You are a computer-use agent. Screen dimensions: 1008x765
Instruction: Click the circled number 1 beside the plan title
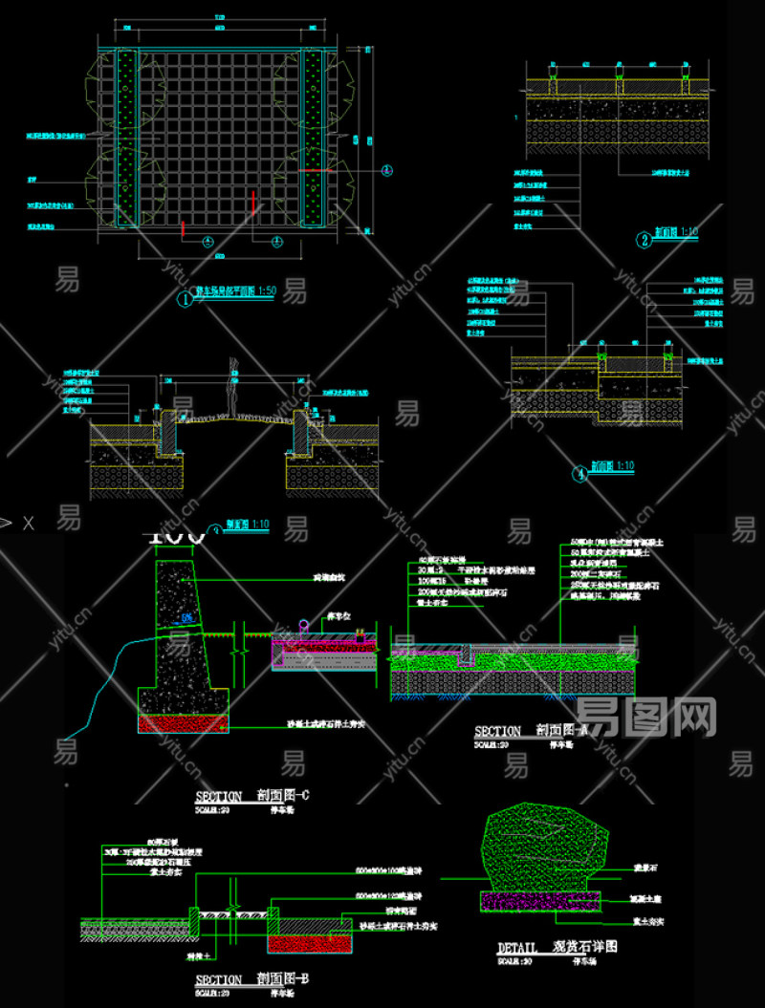185,298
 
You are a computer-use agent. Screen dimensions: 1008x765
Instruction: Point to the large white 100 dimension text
177,537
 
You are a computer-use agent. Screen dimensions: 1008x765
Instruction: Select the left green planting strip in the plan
126,139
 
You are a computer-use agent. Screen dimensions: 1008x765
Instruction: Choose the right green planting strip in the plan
313,139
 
